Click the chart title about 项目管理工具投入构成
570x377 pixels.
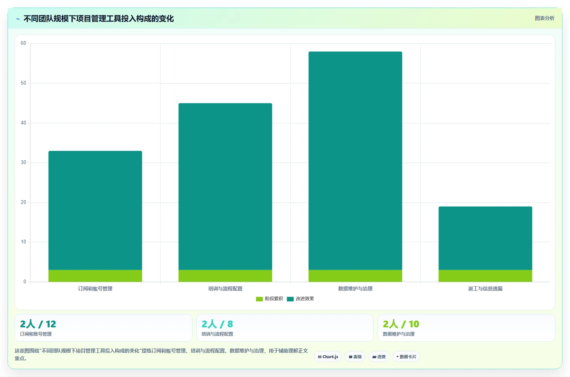coord(99,18)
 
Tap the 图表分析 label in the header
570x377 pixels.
coord(544,18)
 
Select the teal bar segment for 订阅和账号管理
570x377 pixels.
coord(95,210)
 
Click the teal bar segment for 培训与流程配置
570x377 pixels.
coord(225,186)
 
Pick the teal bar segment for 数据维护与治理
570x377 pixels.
coord(355,161)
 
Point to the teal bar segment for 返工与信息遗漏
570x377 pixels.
coord(485,238)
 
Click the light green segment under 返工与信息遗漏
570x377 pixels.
coord(485,276)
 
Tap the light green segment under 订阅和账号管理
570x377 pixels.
coord(95,276)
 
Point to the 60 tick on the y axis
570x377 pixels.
coord(23,43)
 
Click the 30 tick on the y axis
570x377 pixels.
coord(23,163)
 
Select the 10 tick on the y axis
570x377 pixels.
coord(23,242)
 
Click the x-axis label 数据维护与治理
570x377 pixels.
coord(355,289)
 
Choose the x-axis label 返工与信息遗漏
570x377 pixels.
coord(485,289)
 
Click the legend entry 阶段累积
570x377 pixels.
coord(270,299)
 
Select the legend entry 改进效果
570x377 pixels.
coord(300,299)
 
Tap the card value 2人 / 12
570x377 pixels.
coord(38,324)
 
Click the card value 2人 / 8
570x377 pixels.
coord(217,324)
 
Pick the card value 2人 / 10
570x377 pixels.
coord(401,324)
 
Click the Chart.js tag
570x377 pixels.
coord(328,357)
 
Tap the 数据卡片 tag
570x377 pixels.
coord(406,357)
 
